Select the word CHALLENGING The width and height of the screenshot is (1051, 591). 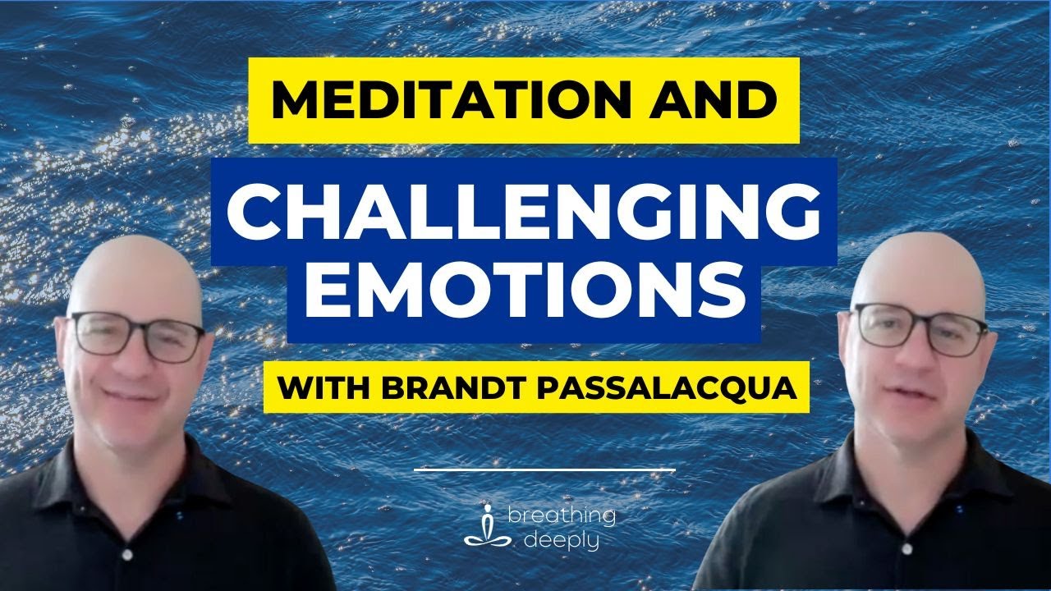[x=523, y=212]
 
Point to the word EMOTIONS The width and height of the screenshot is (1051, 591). [x=523, y=291]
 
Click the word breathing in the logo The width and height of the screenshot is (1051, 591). [x=561, y=517]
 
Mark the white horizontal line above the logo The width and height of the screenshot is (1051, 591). [x=544, y=470]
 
